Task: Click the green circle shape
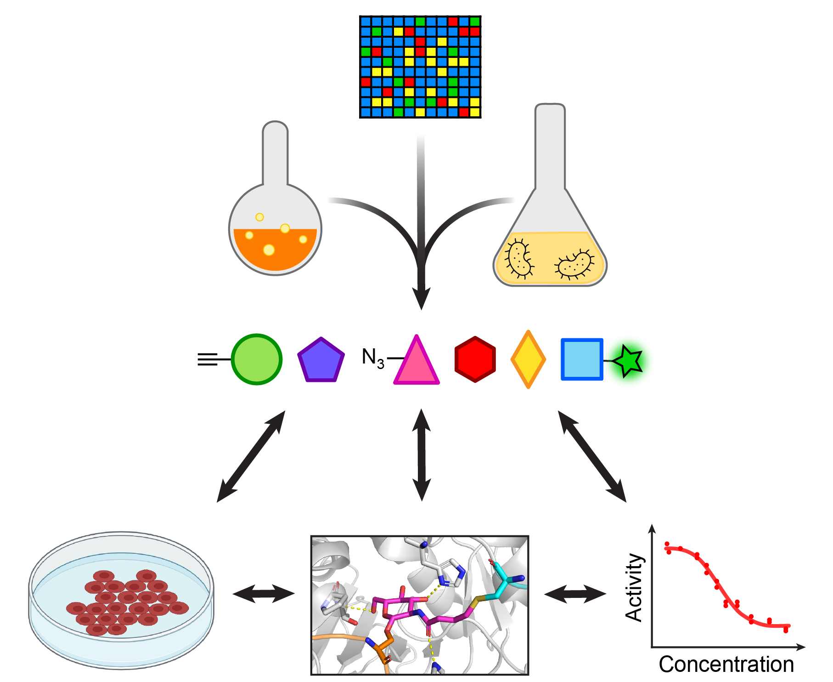pos(256,359)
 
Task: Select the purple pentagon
pos(321,361)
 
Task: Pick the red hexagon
pos(475,359)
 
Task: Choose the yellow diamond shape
pos(528,359)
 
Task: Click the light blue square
pos(582,359)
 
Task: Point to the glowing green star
pos(628,361)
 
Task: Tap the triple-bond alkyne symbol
pos(208,359)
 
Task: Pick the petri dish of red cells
pos(121,600)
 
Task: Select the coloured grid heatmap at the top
pos(420,67)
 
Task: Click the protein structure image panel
pos(420,605)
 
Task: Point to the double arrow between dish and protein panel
pos(263,594)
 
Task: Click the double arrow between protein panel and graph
pos(575,594)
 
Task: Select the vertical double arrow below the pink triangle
pos(422,455)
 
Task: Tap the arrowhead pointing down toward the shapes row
pos(421,296)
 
